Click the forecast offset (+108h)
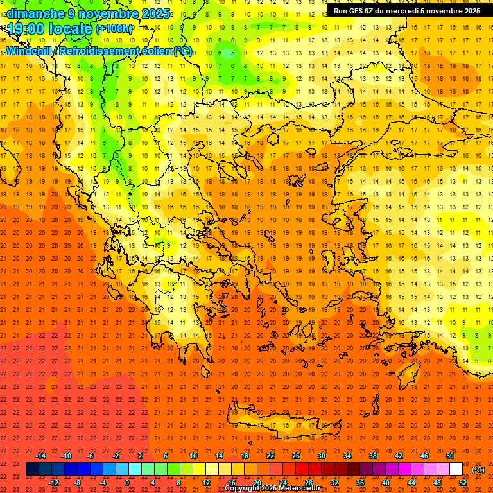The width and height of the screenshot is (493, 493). pyautogui.click(x=114, y=28)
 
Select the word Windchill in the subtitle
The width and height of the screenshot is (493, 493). pyautogui.click(x=29, y=51)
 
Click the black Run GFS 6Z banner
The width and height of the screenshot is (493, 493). pyautogui.click(x=406, y=10)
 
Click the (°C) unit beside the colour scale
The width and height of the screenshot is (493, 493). pyautogui.click(x=478, y=470)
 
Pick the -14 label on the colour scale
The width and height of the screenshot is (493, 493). pyautogui.click(x=41, y=456)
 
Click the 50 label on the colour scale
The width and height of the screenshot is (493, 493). pyautogui.click(x=450, y=456)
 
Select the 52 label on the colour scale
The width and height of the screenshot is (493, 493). pyautogui.click(x=463, y=483)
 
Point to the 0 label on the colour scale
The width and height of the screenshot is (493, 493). pyautogui.click(x=127, y=483)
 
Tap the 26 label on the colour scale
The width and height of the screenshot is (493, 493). pyautogui.click(x=296, y=456)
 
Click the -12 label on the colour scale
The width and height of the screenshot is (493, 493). pyautogui.click(x=54, y=483)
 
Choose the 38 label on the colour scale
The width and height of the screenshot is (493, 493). pyautogui.click(x=373, y=456)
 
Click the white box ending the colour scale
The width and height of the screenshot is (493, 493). pyautogui.click(x=456, y=469)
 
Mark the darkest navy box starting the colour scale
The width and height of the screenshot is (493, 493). pyautogui.click(x=32, y=469)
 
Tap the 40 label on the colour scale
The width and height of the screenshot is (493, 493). pyautogui.click(x=386, y=483)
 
